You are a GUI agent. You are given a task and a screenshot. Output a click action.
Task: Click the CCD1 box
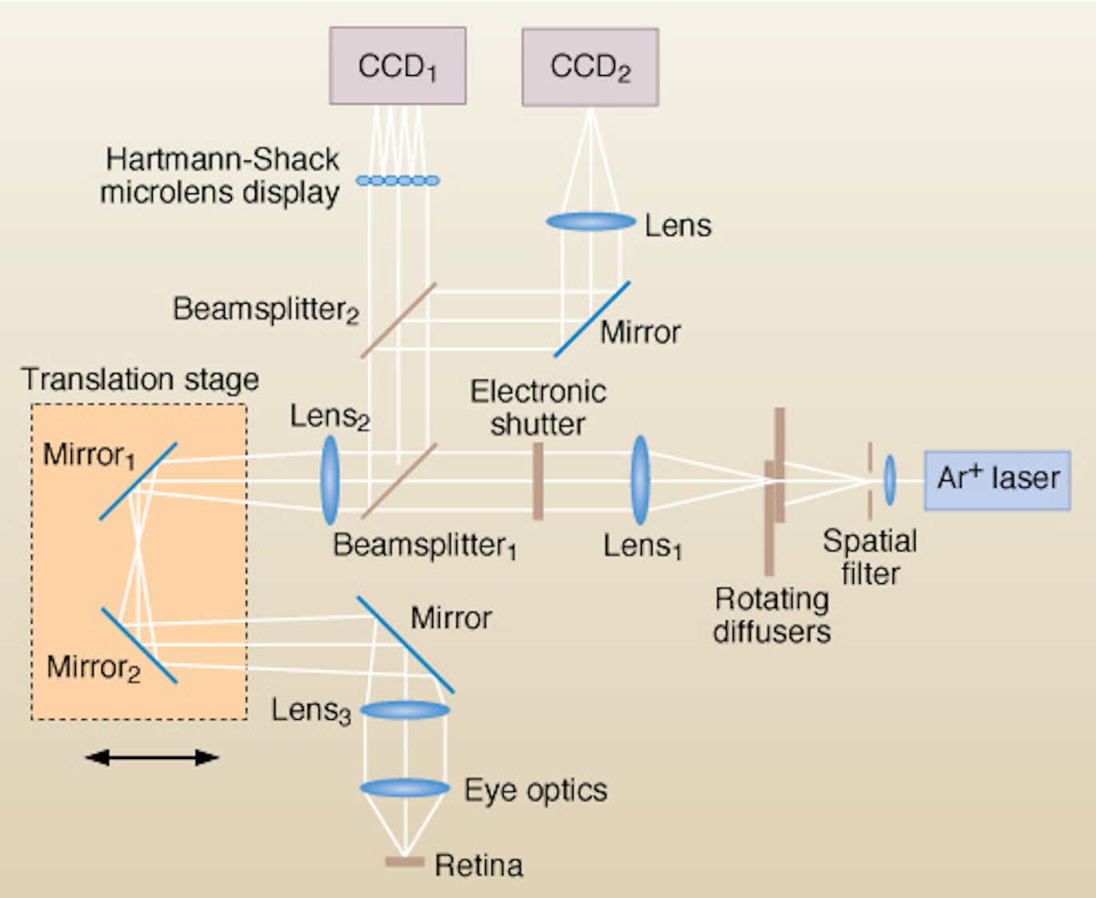(397, 66)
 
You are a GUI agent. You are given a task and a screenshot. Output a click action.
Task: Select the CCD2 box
(590, 67)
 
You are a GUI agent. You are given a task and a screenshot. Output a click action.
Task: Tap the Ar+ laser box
(997, 479)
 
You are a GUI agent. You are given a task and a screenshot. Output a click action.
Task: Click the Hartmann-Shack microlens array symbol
(397, 181)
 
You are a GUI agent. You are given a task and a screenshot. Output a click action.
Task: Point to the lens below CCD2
(591, 221)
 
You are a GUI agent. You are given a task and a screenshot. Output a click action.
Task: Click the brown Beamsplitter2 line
(398, 320)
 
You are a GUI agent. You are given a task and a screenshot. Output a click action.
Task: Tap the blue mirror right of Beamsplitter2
(592, 319)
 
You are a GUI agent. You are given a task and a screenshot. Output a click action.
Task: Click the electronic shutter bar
(538, 481)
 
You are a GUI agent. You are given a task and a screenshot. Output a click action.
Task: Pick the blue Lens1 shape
(640, 480)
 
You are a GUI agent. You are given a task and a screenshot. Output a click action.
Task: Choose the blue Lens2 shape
(329, 480)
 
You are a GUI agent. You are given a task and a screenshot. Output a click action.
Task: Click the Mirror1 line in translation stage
(137, 482)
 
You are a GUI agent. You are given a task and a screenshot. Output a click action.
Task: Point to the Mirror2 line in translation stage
(138, 646)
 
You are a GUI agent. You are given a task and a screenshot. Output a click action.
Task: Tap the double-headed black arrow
(152, 757)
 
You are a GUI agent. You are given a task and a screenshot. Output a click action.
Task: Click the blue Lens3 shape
(405, 709)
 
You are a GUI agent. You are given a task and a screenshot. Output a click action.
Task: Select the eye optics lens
(405, 789)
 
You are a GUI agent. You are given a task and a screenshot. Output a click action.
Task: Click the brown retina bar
(405, 862)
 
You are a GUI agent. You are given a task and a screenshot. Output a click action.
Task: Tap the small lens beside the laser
(889, 480)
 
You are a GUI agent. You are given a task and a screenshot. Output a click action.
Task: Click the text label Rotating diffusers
(771, 615)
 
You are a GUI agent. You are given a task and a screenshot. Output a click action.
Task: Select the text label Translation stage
(140, 379)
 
